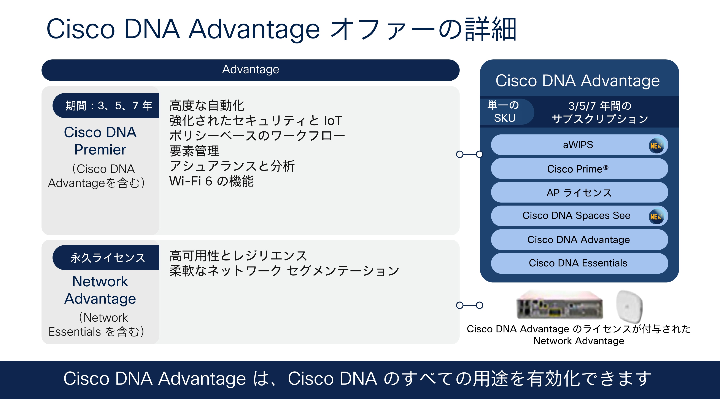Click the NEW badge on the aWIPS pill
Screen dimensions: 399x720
(656, 145)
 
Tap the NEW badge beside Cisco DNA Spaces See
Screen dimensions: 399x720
(656, 216)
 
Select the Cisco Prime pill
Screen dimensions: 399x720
(579, 169)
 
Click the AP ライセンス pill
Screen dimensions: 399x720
(579, 193)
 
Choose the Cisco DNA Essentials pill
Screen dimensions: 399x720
(579, 263)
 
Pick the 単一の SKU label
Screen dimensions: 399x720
(504, 112)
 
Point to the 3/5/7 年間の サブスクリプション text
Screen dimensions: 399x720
(600, 112)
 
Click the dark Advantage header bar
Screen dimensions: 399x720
(250, 70)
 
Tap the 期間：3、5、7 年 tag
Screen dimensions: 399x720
(108, 106)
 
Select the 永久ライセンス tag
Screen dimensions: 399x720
(108, 257)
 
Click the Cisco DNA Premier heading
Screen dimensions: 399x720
(100, 141)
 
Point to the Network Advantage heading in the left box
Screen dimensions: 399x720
(100, 290)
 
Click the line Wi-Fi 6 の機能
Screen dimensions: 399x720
(211, 181)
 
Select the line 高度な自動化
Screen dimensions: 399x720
(207, 106)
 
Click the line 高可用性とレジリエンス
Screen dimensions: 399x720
(238, 255)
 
